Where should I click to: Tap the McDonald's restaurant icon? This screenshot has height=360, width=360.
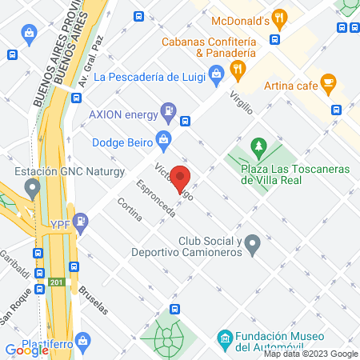(278, 16)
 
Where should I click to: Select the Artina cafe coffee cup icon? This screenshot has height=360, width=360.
(328, 82)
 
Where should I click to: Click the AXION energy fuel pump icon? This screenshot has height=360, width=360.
(168, 111)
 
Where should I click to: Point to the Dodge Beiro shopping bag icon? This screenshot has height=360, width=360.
(164, 138)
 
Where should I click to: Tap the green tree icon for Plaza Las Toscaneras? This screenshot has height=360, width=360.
(258, 147)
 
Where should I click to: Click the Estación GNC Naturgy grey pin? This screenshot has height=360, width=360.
(33, 190)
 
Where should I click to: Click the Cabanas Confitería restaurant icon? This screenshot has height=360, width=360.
(237, 70)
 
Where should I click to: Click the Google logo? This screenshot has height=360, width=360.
(26, 350)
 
